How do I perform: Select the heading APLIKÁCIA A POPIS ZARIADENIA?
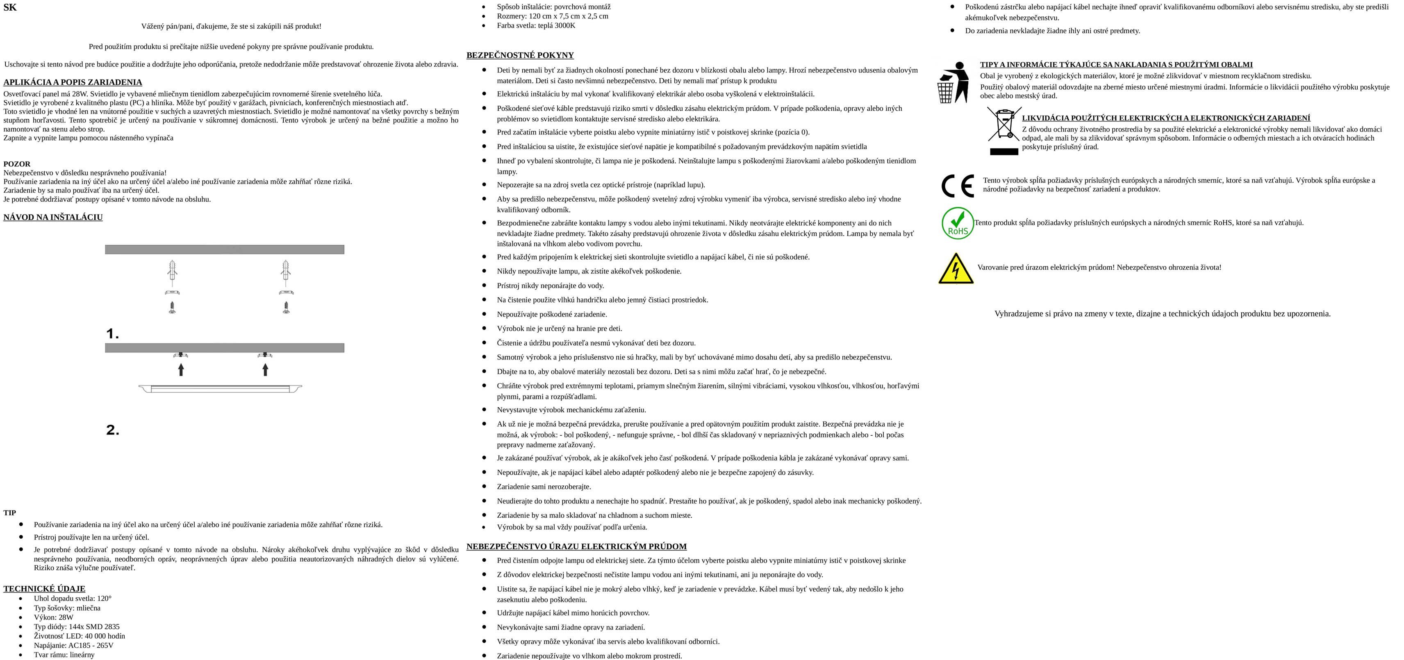coord(73,82)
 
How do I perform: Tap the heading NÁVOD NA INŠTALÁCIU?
coord(53,217)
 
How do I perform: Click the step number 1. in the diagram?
coord(112,334)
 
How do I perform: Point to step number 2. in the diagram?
coord(112,430)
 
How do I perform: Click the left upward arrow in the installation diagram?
coord(181,369)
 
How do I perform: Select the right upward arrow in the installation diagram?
coord(266,369)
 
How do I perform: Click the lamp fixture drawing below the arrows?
coord(220,388)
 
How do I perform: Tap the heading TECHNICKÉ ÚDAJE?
coord(44,589)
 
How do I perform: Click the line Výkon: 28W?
coord(53,617)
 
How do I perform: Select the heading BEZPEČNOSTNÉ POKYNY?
coord(520,55)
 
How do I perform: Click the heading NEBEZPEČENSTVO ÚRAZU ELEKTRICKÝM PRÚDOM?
coord(576,546)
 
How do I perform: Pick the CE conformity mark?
coord(958,186)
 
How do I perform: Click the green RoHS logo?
coord(958,223)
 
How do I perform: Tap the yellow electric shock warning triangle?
coord(956,269)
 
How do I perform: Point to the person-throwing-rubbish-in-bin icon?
coord(953,82)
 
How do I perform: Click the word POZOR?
coord(17,164)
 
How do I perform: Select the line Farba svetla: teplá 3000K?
coord(536,25)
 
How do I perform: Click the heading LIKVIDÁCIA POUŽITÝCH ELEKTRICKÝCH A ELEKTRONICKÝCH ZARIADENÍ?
coord(1166,118)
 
